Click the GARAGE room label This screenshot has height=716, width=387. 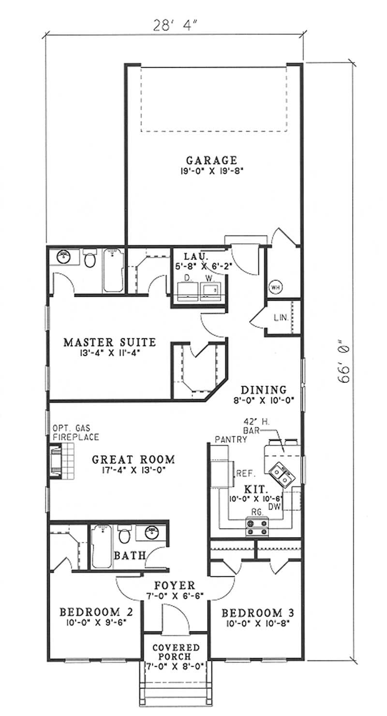[x=211, y=160]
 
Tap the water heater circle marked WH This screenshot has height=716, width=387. [x=275, y=287]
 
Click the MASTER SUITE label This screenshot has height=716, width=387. [x=110, y=342]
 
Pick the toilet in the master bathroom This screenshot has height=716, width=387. [x=89, y=259]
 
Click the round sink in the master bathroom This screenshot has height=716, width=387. [x=63, y=257]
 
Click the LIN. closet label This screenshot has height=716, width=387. [x=282, y=318]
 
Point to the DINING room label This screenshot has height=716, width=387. [x=264, y=390]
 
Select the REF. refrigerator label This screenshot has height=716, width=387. [x=245, y=473]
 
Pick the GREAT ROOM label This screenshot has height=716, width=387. [x=134, y=460]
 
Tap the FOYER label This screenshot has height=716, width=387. [x=175, y=585]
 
